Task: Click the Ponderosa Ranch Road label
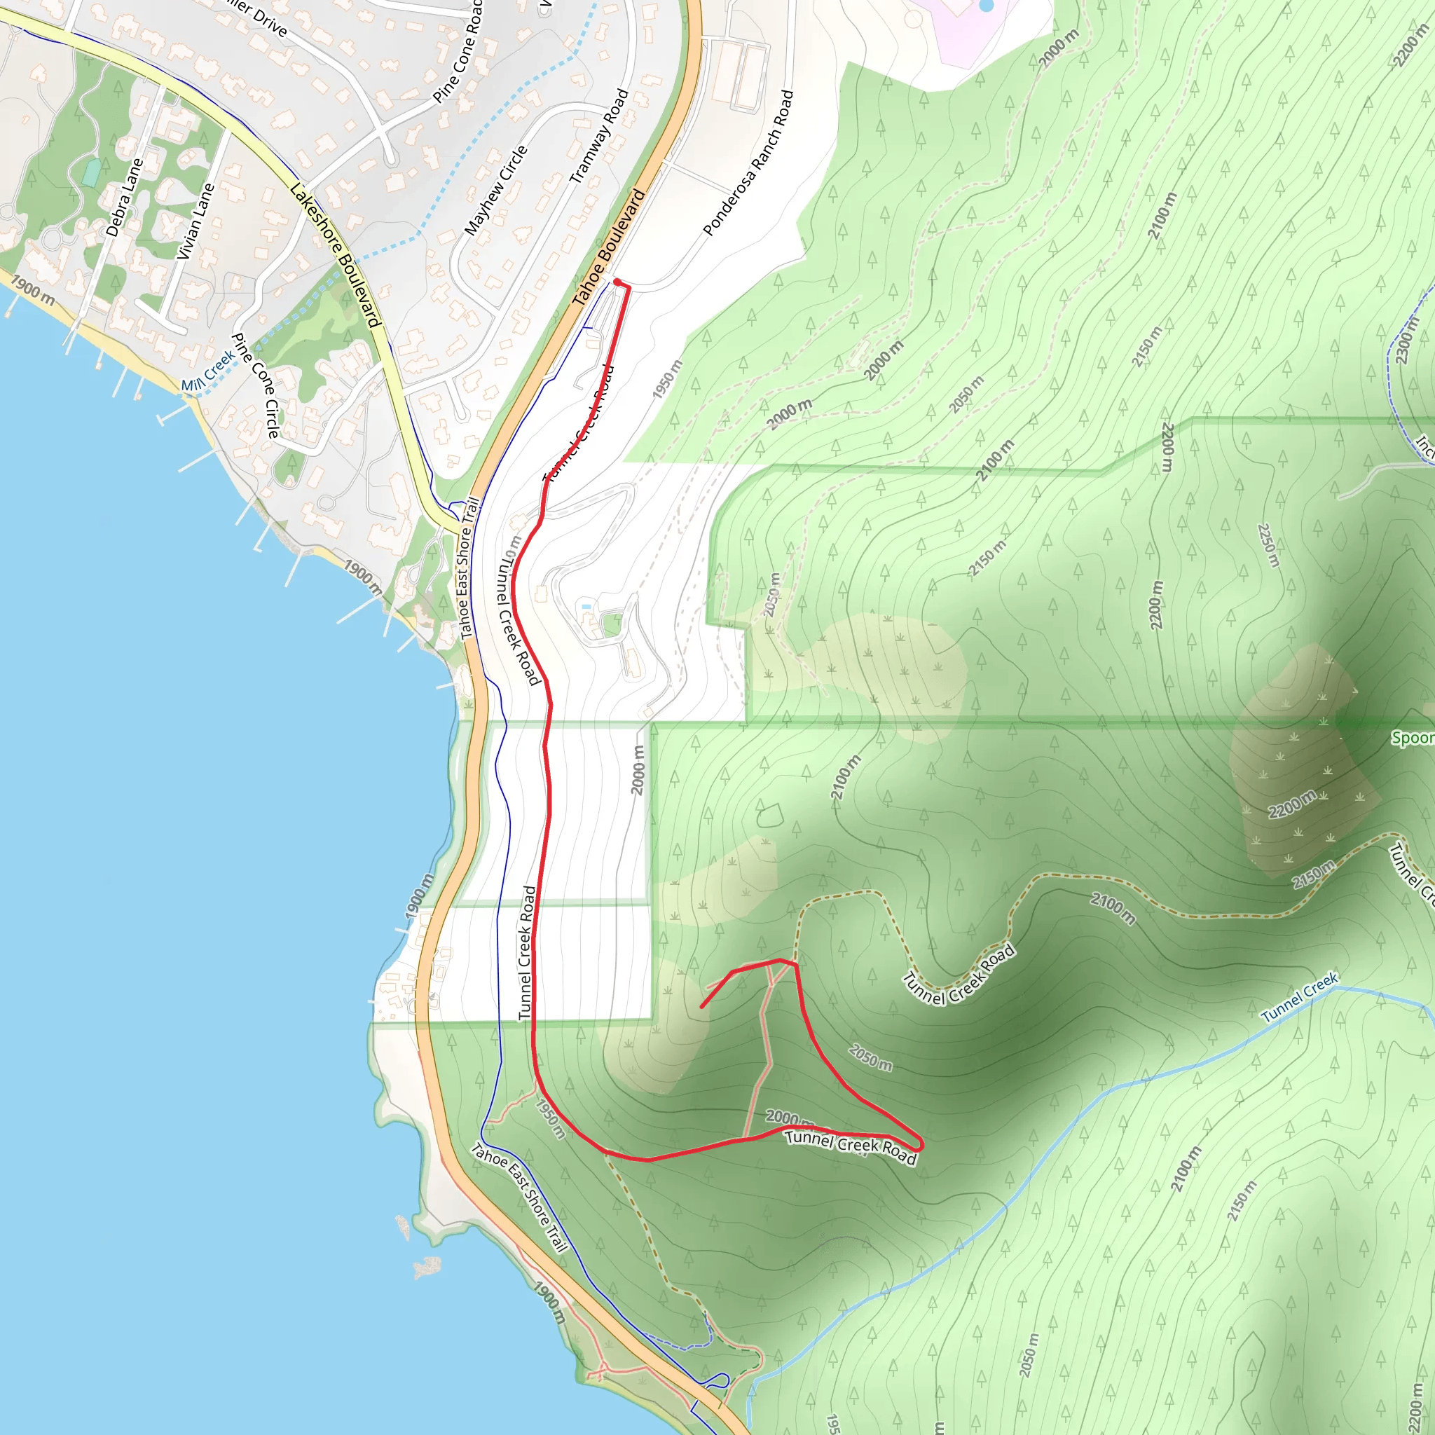coord(749,163)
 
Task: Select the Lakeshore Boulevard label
coord(336,255)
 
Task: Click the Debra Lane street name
coord(124,198)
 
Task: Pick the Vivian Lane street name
coord(195,221)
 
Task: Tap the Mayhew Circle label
coord(495,190)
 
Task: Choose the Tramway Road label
coord(598,137)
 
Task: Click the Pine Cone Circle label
coord(256,385)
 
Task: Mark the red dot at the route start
coord(617,282)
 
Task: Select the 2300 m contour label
coord(1406,340)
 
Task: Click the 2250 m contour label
coord(1269,545)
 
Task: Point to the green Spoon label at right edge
coord(1412,739)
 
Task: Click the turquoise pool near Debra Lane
coord(91,173)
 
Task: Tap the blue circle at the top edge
coord(986,4)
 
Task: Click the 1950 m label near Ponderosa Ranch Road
coord(667,379)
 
